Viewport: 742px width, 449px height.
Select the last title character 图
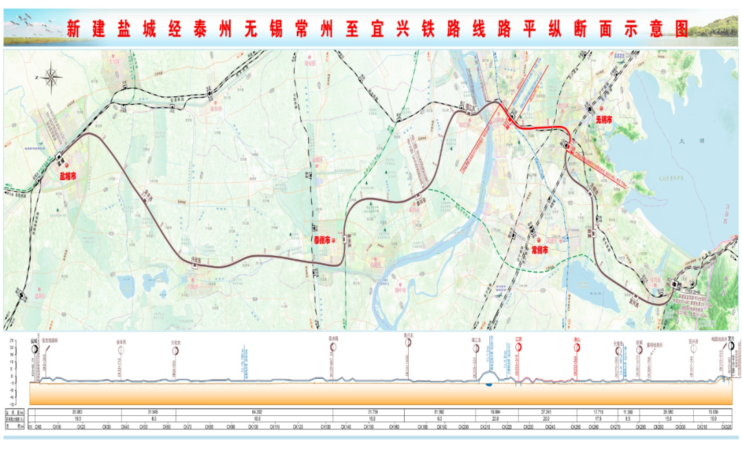coord(681,28)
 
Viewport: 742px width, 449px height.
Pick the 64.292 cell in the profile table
coord(254,413)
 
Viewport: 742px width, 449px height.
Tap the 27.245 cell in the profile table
coord(547,413)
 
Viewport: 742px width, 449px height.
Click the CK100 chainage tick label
coord(252,427)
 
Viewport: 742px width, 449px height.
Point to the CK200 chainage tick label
coord(464,427)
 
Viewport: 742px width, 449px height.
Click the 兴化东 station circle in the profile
coord(175,350)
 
